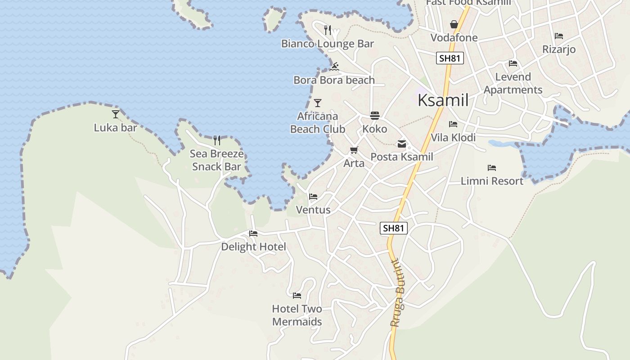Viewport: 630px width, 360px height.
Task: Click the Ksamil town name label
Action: tap(443, 100)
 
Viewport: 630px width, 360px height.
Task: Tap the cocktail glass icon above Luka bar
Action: tap(116, 114)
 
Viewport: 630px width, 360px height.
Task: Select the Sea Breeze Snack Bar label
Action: tap(216, 160)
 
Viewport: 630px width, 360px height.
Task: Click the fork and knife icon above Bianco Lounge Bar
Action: tap(328, 30)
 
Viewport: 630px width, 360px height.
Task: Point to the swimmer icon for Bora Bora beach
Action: tap(334, 67)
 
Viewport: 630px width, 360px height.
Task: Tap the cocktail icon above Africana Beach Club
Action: tap(318, 103)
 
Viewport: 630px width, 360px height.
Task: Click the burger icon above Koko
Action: tap(375, 116)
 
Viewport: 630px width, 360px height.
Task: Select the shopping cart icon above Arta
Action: tap(354, 150)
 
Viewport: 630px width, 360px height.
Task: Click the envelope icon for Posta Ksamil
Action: tap(401, 144)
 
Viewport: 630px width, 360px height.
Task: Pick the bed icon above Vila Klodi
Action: tap(453, 124)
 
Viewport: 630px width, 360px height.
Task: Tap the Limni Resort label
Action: tap(492, 181)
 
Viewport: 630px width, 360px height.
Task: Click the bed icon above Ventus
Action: tap(313, 197)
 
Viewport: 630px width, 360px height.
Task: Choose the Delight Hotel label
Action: tap(253, 247)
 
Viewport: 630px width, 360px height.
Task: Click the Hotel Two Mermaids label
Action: tap(297, 315)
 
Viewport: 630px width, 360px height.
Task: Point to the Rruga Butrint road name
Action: tap(398, 292)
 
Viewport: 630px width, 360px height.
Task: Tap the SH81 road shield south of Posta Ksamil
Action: tap(394, 228)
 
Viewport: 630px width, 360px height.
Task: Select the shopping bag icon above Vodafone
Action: tap(454, 24)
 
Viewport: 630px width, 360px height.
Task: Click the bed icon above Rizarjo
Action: tap(559, 36)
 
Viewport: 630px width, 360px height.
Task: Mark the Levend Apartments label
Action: tap(513, 83)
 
